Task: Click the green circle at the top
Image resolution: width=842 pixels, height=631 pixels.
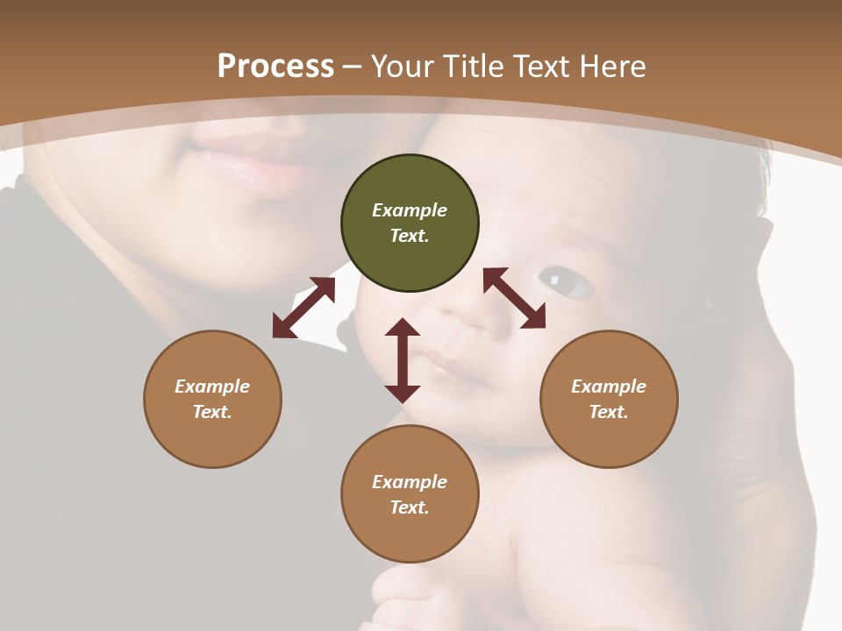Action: pyautogui.click(x=410, y=223)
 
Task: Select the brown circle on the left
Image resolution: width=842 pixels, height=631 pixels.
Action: pyautogui.click(x=212, y=399)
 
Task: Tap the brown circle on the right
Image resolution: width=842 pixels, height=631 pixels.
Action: pyautogui.click(x=609, y=399)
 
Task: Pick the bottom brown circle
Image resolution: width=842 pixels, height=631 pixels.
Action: pyautogui.click(x=410, y=494)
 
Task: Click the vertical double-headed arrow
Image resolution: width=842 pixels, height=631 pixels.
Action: pyautogui.click(x=403, y=360)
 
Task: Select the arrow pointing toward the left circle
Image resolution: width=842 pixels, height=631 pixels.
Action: pyautogui.click(x=303, y=308)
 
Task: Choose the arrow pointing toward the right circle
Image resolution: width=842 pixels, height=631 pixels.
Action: pyautogui.click(x=515, y=298)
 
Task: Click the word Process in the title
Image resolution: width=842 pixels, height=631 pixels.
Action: pyautogui.click(x=275, y=66)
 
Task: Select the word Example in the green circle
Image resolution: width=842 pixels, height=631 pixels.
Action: pyautogui.click(x=410, y=210)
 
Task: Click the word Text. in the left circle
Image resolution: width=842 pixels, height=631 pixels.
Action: pyautogui.click(x=212, y=412)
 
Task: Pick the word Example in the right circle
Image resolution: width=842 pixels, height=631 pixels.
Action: pyautogui.click(x=609, y=386)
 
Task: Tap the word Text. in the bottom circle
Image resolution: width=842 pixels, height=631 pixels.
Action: pyautogui.click(x=410, y=507)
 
